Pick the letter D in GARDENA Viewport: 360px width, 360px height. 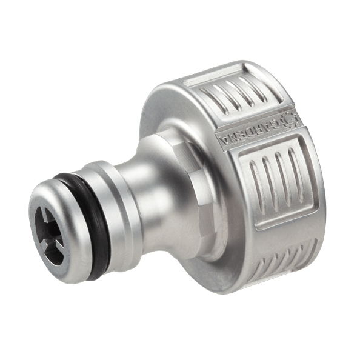coord(254,128)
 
